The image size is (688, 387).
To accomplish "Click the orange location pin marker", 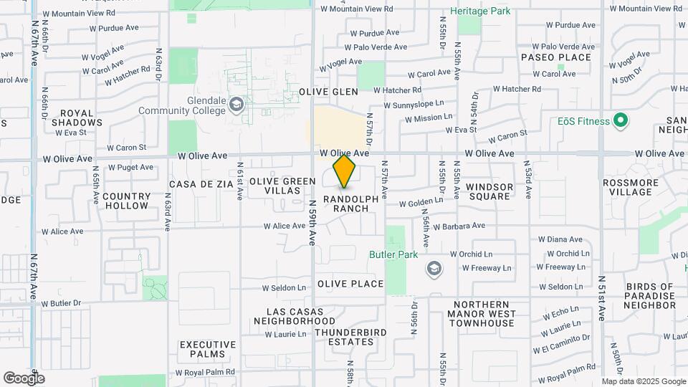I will (x=345, y=171).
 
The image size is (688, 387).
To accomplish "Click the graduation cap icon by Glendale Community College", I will (x=236, y=106).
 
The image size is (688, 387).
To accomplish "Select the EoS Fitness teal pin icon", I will (x=621, y=121).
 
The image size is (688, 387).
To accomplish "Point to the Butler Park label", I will (x=393, y=254).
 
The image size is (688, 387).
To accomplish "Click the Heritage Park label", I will (x=479, y=12).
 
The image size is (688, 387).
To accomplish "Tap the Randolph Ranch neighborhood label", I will (x=345, y=204).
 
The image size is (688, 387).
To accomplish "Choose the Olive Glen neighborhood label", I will (x=328, y=92).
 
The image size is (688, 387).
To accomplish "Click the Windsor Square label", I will (x=489, y=191).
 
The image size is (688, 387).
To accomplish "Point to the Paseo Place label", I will (x=556, y=57).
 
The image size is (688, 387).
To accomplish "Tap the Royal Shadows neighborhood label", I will (x=82, y=118).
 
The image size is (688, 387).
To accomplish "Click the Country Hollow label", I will (x=127, y=201).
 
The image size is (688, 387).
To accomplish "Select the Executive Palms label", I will (x=203, y=349).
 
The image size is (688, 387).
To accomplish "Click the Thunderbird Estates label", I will (x=345, y=337).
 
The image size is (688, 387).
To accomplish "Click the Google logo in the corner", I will (x=24, y=378).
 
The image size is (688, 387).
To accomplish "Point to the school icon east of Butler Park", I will (x=434, y=269).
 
